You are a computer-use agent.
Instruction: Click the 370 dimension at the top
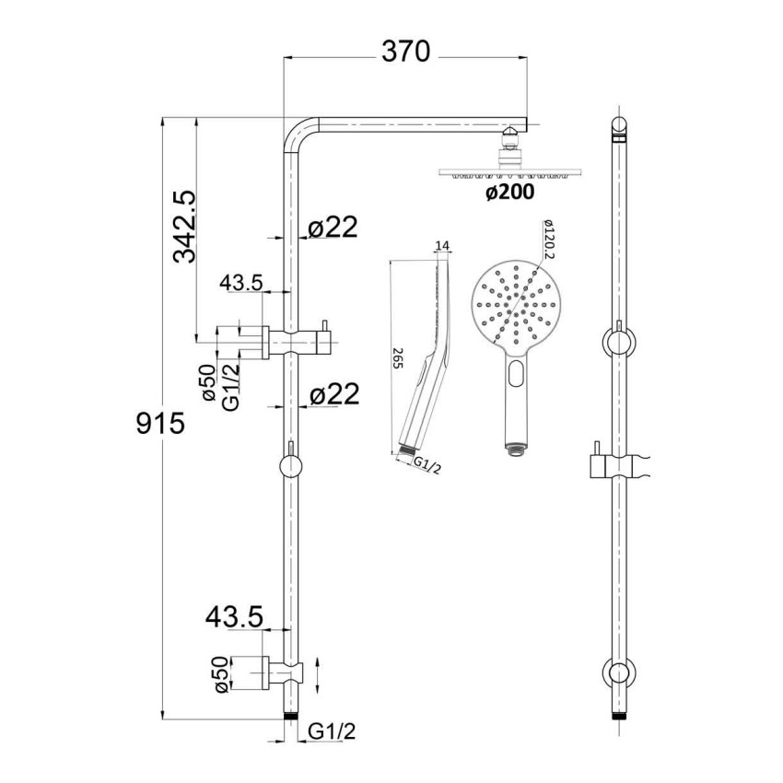406,53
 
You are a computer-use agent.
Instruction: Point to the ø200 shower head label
509,193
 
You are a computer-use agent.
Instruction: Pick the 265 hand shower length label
398,359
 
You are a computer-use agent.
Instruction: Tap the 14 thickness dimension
441,246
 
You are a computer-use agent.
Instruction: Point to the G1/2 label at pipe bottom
332,731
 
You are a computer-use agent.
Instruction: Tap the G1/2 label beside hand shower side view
427,467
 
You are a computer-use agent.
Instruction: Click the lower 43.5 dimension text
237,614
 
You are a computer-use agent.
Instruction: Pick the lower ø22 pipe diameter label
333,394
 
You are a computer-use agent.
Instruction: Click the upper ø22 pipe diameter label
333,228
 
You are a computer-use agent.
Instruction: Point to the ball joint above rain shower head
508,142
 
